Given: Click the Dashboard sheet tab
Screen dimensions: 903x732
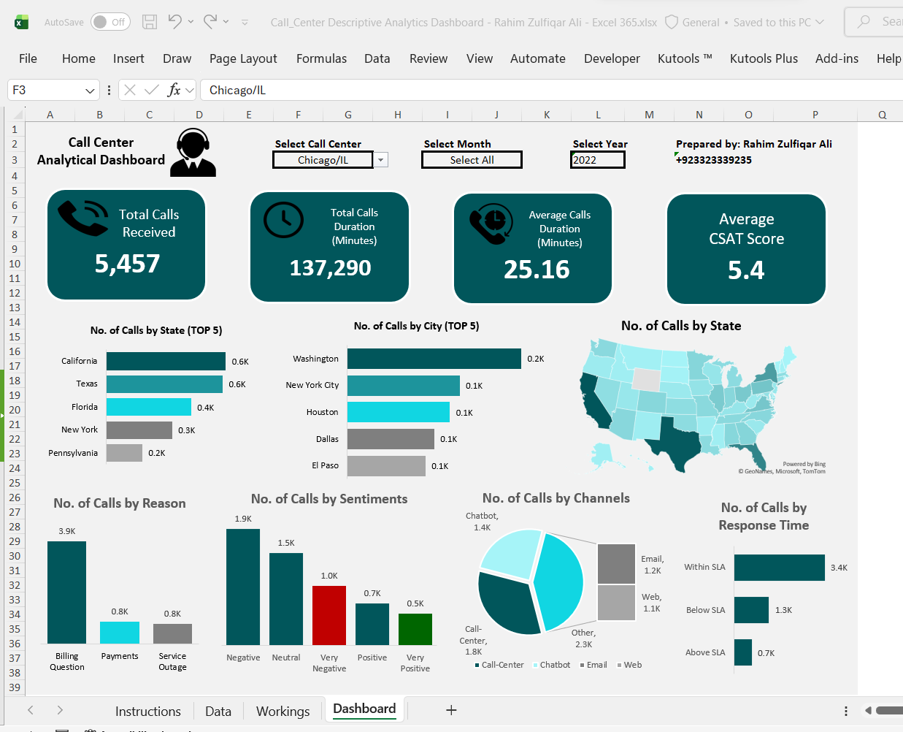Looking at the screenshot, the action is [364, 709].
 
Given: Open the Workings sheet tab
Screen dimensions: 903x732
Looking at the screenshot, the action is [283, 712].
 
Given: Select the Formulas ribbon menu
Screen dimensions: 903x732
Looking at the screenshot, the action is [321, 58].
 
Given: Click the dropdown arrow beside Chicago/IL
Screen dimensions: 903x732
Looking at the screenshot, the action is [381, 160].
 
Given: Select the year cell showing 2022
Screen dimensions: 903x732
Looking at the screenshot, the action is [597, 160].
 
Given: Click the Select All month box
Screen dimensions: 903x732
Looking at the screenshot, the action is [472, 160].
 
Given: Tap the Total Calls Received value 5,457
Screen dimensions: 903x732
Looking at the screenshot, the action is [127, 263].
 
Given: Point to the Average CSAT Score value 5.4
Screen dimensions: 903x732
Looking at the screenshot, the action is [746, 270].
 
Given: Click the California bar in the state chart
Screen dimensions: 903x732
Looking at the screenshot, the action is [166, 362].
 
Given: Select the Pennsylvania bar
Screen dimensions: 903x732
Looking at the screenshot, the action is [124, 453].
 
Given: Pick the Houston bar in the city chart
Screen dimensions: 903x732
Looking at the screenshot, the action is [398, 412].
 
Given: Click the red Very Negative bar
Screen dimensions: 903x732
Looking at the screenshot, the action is [329, 615].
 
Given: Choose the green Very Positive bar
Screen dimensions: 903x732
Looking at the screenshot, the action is [415, 630].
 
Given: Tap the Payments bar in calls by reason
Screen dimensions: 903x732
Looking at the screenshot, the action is [120, 633].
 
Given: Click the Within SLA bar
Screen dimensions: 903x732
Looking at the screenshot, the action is [779, 568].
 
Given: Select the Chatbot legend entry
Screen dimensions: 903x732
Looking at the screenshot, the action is [552, 665].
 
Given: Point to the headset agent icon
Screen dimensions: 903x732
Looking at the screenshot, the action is [193, 152].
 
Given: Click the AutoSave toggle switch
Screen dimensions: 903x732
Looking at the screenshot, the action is [110, 22].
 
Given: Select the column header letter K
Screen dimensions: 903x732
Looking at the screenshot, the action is [547, 115].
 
